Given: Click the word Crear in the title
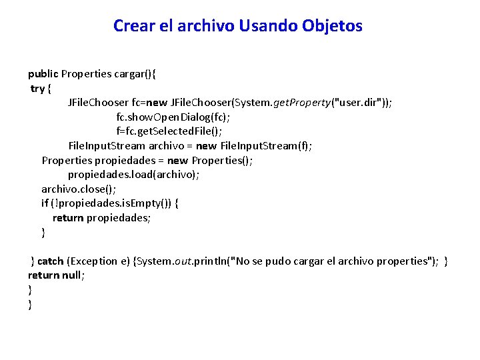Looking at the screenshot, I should (133, 26).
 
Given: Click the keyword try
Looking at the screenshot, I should (38, 89).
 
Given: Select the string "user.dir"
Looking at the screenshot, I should (357, 103).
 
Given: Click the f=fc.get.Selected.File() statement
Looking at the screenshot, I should (169, 131).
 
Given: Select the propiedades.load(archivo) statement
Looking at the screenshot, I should (133, 175).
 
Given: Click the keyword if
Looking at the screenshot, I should (45, 203).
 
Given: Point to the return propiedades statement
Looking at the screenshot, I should (101, 218).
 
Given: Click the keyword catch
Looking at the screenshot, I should (51, 261).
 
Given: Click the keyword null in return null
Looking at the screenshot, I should (71, 275).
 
